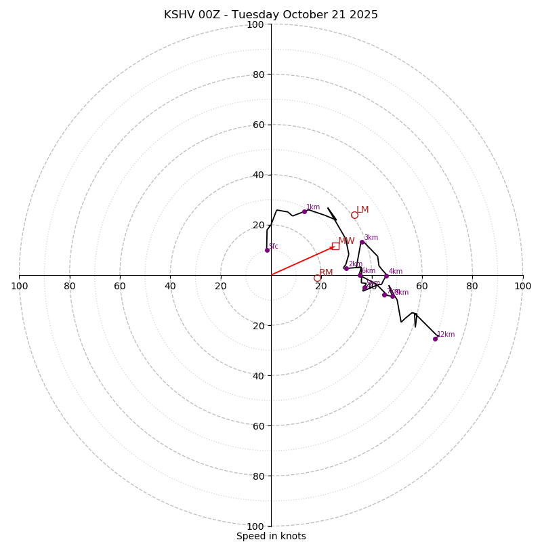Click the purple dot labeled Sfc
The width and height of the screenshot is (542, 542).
[x=267, y=250]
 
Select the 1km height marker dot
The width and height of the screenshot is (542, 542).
[x=304, y=211]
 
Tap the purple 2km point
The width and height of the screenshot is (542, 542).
[x=346, y=268]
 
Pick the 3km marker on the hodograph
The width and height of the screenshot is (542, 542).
[x=362, y=242]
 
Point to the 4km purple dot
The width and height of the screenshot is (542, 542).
[x=386, y=276]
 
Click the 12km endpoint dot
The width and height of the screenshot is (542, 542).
[x=435, y=339]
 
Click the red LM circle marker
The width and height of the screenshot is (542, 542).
[x=354, y=215]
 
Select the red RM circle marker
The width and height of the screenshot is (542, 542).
[x=317, y=278]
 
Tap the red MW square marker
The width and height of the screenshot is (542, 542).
[x=335, y=246]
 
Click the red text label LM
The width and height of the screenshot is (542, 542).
[x=362, y=210]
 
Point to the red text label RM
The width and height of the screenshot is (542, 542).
[x=326, y=272]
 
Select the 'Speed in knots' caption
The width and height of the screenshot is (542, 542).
[x=271, y=536]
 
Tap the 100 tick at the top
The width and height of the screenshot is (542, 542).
[x=255, y=24]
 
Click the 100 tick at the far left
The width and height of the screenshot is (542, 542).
[x=20, y=286]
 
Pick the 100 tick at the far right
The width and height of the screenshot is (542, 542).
[x=522, y=286]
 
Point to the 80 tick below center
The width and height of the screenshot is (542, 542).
[x=257, y=476]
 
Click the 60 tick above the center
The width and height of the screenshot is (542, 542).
[x=257, y=125]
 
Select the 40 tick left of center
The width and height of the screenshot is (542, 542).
[x=170, y=286]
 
